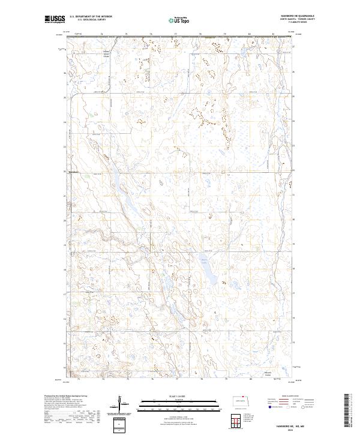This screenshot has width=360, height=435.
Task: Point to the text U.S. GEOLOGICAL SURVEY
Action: pyautogui.click(x=91, y=20)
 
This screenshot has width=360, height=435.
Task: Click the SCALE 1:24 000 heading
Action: pyautogui.click(x=179, y=395)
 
